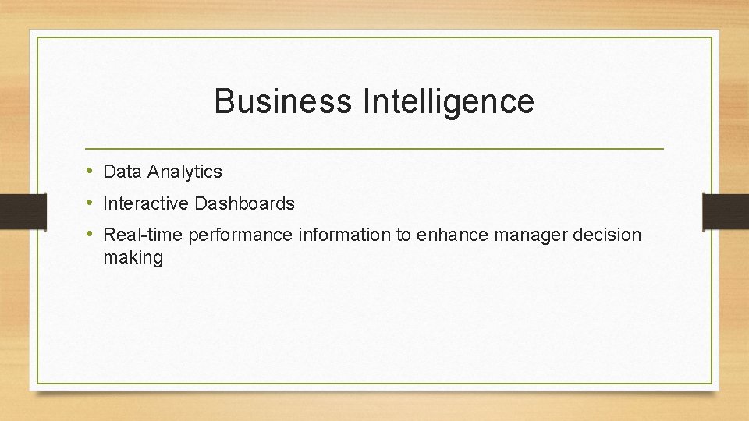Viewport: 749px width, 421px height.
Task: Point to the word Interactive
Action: click(147, 204)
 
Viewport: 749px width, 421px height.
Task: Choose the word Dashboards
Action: click(245, 204)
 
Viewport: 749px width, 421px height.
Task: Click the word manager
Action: click(530, 235)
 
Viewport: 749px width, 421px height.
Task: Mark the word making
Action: click(133, 258)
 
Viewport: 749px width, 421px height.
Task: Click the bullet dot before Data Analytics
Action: click(91, 171)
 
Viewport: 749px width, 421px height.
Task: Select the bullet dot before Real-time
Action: click(91, 234)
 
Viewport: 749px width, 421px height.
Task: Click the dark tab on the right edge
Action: click(726, 210)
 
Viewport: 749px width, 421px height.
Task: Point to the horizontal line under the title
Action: click(374, 148)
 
